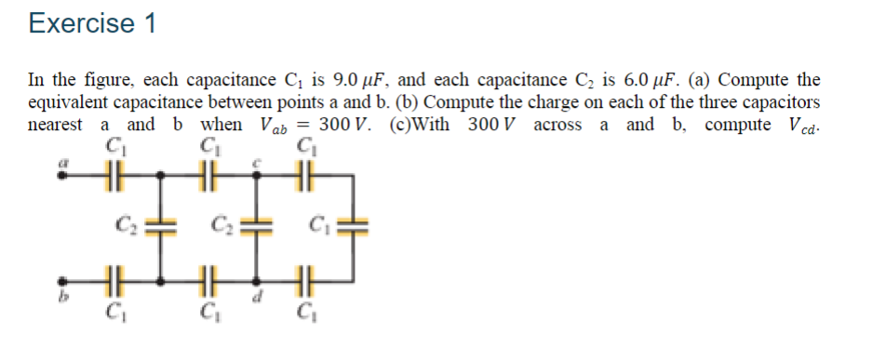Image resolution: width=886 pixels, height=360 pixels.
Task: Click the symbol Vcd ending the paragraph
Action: click(x=803, y=126)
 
